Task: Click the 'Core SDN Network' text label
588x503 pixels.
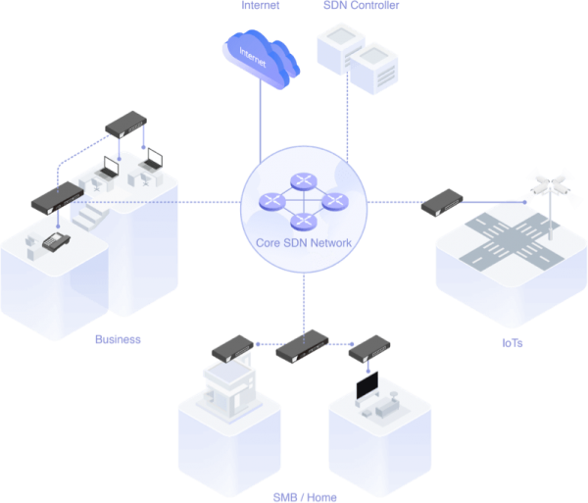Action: tap(306, 242)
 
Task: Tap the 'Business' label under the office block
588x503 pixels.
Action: tap(119, 340)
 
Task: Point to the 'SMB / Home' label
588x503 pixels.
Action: tap(304, 496)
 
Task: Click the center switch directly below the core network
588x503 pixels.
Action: tap(302, 346)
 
